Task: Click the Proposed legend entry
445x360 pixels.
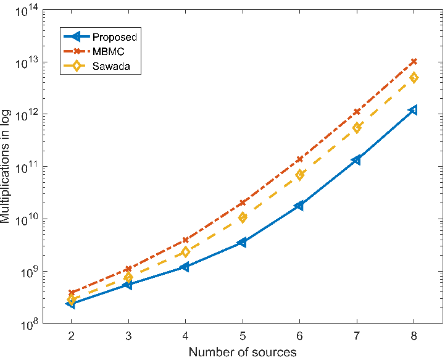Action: (x=114, y=37)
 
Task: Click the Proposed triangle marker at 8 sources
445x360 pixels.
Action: (x=413, y=110)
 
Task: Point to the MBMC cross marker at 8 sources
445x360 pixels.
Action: (x=414, y=62)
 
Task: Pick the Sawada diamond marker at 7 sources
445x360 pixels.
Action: (x=357, y=128)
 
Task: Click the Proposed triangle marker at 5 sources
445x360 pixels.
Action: (x=243, y=243)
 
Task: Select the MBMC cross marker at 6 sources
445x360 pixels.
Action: (x=299, y=159)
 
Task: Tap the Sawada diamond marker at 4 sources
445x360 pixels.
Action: (x=185, y=252)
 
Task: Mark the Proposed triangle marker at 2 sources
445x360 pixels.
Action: (x=71, y=303)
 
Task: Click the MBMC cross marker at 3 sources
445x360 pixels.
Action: (x=128, y=269)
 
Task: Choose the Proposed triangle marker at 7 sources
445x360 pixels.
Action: (x=356, y=160)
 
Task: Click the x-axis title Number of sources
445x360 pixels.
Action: (x=242, y=352)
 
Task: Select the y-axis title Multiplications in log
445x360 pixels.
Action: (x=7, y=167)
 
